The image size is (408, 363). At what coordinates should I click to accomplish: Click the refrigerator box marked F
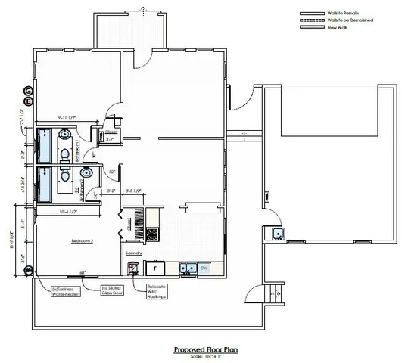156,268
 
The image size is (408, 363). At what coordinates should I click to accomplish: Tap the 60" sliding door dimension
81,273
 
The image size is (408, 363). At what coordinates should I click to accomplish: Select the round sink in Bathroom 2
85,172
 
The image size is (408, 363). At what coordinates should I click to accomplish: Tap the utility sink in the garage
279,234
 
